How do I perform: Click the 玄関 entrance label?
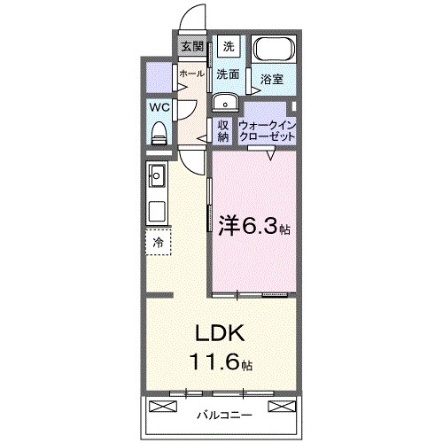point(192,47)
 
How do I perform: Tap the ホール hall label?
point(191,74)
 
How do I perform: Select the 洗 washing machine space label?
point(229,46)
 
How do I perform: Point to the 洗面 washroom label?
point(229,74)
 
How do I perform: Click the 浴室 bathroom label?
point(271,79)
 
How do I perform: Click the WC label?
point(159,107)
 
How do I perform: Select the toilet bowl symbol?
point(159,132)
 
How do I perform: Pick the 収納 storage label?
point(224,131)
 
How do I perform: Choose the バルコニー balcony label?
point(224,414)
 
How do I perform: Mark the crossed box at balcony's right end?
point(281,407)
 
